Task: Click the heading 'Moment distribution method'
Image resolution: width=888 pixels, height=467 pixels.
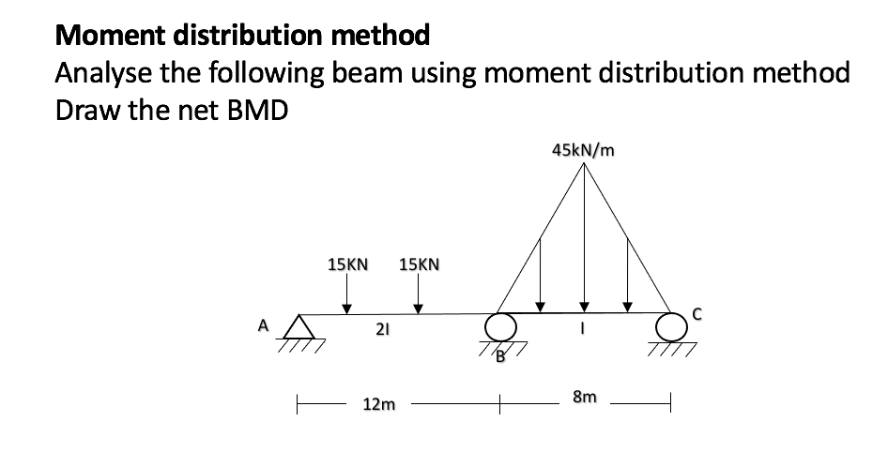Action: pos(243,36)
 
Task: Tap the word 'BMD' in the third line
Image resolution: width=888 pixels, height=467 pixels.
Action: pos(255,111)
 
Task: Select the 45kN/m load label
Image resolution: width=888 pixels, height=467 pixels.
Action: pos(584,150)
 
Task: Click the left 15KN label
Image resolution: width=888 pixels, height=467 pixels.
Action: pos(347,265)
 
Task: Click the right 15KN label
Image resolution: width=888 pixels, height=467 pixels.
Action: pos(419,265)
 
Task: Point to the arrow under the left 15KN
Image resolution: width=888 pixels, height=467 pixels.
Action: pos(347,297)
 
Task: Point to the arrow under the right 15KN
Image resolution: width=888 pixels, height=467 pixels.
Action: pos(419,297)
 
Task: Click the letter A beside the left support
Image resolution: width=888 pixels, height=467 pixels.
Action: pos(264,326)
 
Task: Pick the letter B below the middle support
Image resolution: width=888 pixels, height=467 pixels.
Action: pos(500,355)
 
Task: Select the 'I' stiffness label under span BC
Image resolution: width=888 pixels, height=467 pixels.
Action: pos(584,331)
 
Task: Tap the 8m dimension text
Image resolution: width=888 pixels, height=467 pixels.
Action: pos(583,398)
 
